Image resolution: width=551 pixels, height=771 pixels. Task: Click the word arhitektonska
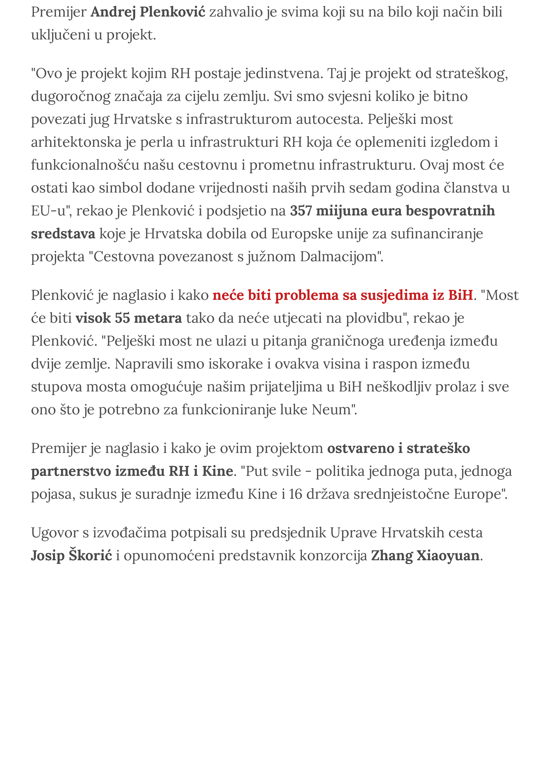point(76,142)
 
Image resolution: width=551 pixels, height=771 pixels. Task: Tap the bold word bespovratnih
point(450,211)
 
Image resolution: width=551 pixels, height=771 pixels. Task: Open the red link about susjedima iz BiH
point(343,295)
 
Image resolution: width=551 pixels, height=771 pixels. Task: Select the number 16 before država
point(296,495)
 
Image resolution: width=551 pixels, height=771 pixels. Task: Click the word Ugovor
point(55,533)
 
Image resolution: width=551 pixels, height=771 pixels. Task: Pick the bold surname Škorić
point(90,556)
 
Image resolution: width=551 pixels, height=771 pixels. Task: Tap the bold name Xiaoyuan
point(448,556)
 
